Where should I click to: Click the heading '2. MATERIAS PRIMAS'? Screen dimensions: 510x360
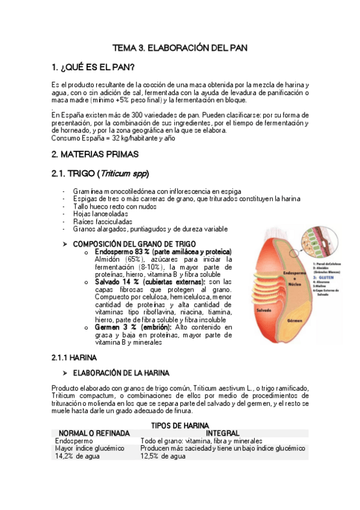tap(95, 155)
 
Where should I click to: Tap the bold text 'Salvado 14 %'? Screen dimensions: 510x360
tap(118, 281)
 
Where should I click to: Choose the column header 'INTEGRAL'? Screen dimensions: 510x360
tap(222, 433)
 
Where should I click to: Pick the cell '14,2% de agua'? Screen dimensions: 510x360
tap(77, 456)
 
